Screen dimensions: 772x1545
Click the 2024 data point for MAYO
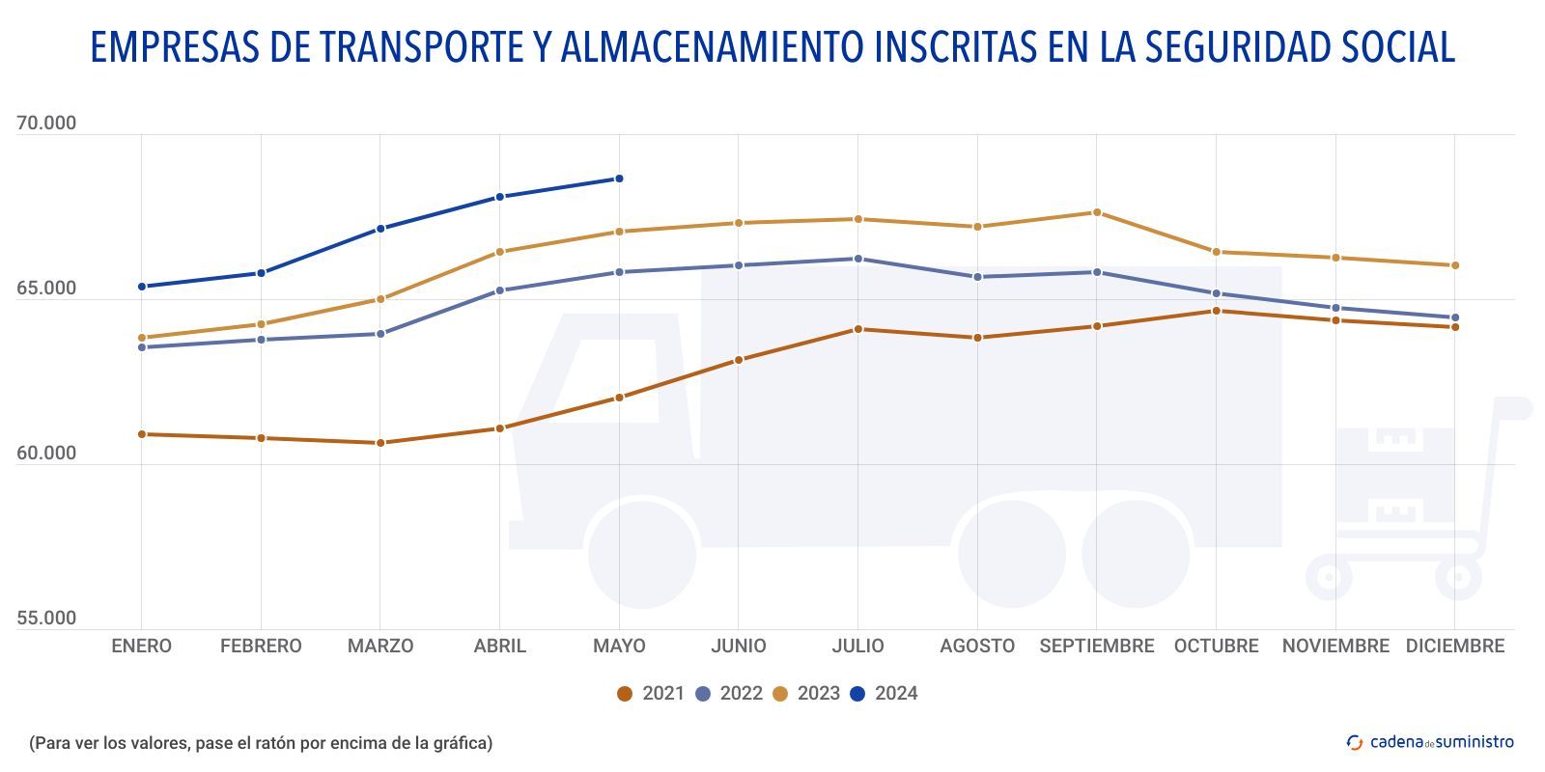[x=619, y=179]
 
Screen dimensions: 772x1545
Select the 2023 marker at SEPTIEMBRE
[x=1097, y=212]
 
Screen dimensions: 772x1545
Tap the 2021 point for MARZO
[x=380, y=443]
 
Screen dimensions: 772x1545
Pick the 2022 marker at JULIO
[x=857, y=259]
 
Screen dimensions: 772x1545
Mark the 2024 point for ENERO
[x=142, y=287]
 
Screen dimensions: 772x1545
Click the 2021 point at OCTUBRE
[x=1216, y=311]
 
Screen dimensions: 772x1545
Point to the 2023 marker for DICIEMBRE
[x=1455, y=265]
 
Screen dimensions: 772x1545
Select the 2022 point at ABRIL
[x=500, y=290]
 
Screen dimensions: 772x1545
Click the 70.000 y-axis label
[x=46, y=124]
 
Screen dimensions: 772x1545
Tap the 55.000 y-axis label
[x=46, y=619]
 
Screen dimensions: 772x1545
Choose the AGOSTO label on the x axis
[x=977, y=647]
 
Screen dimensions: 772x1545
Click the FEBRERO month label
[x=261, y=647]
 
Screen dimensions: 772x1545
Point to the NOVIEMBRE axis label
[x=1335, y=647]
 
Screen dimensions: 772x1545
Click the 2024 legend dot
[x=857, y=694]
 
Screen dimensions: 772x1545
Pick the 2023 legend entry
[x=806, y=694]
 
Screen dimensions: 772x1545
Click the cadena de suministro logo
[x=1430, y=742]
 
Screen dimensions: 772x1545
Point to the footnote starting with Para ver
[x=261, y=743]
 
